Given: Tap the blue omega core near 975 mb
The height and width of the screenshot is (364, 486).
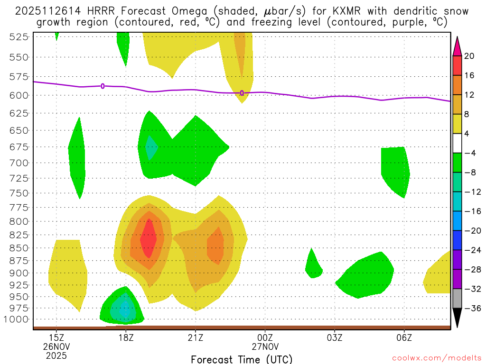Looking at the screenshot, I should pyautogui.click(x=125, y=311).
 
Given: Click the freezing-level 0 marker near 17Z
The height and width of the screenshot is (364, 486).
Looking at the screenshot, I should pyautogui.click(x=103, y=86).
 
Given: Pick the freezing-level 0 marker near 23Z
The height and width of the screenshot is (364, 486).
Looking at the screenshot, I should pyautogui.click(x=242, y=93).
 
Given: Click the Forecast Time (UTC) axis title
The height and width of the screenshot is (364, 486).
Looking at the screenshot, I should pyautogui.click(x=242, y=359).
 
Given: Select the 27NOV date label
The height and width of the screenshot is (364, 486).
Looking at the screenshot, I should pyautogui.click(x=265, y=346).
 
